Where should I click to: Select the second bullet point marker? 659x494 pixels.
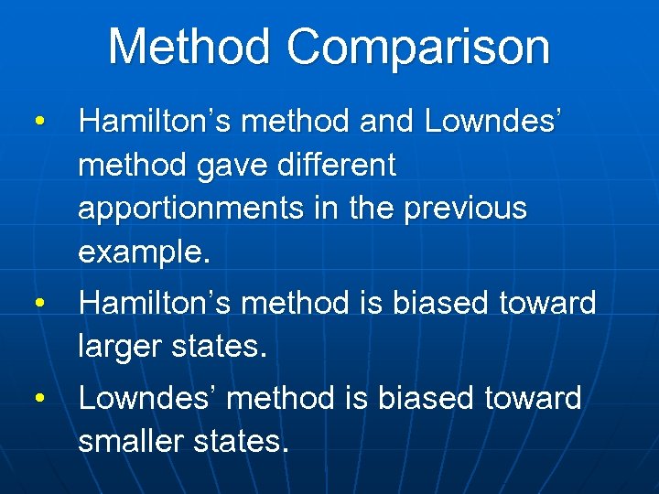click(x=38, y=302)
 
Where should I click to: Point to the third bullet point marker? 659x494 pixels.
click(x=38, y=398)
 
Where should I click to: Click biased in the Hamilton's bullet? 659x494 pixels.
click(x=442, y=302)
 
